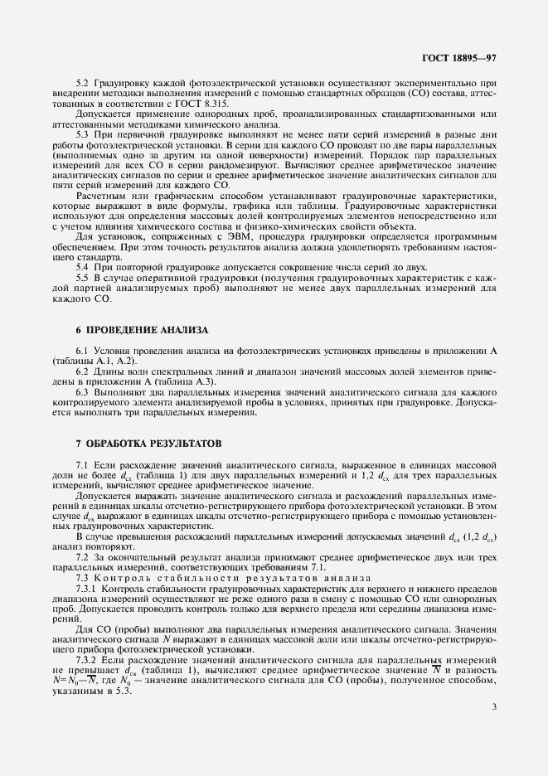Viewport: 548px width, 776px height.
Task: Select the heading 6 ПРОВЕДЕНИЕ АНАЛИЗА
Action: click(142, 329)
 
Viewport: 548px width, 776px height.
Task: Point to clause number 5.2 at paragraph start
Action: click(82, 84)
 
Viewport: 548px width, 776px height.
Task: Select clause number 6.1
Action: click(82, 352)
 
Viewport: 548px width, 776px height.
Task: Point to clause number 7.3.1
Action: click(85, 587)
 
